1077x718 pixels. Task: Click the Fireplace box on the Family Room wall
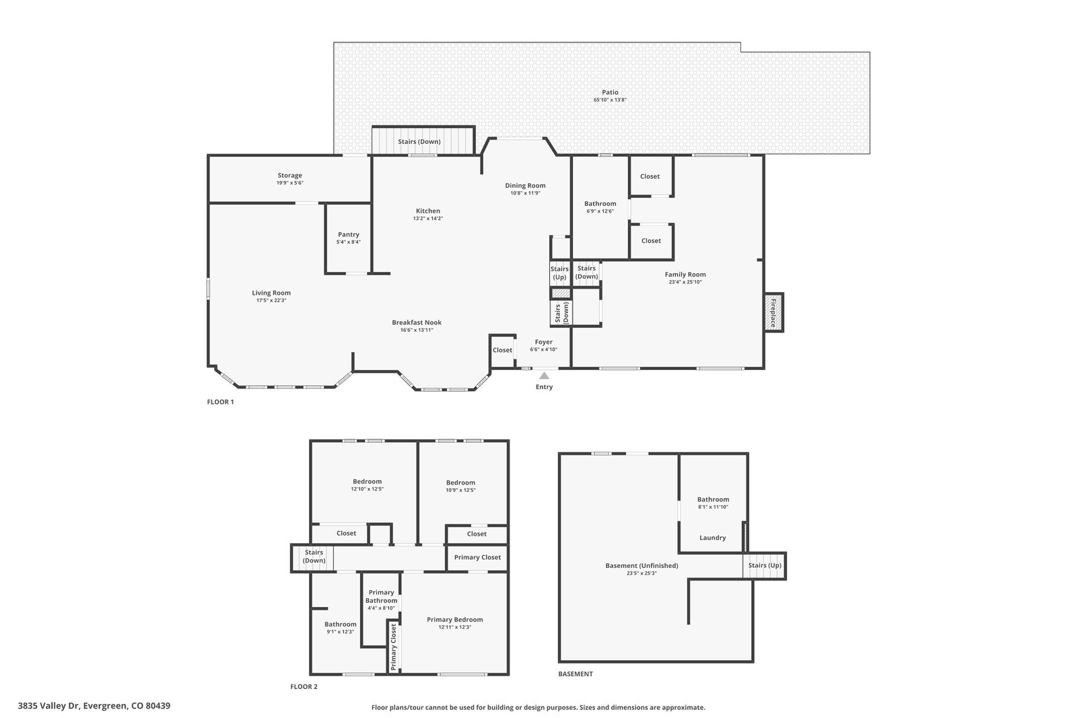773,312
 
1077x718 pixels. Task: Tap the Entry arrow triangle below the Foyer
544,375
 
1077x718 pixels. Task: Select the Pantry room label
349,235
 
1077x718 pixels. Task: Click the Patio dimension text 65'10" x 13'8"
610,100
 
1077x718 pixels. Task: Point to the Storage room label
290,176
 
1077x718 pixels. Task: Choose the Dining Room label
525,186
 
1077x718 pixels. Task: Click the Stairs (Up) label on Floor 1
559,273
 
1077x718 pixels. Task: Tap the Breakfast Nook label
417,322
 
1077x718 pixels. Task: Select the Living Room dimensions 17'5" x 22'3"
271,300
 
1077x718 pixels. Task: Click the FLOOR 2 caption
304,686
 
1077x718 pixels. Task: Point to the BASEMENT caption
576,674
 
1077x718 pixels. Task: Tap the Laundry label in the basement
713,538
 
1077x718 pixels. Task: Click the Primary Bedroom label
455,620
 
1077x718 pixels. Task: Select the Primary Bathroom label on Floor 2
381,596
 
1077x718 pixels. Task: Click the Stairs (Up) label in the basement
765,565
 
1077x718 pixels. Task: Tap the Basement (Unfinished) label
641,566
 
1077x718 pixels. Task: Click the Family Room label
685,275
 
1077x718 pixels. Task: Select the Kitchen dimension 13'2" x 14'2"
428,219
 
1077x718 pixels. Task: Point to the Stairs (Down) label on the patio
419,142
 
